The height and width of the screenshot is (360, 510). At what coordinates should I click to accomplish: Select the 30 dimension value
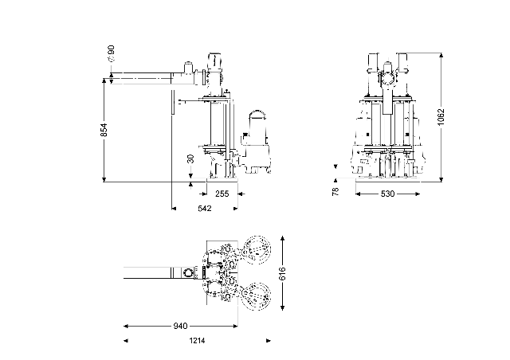click(190, 158)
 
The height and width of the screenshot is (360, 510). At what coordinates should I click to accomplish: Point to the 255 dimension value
click(222, 194)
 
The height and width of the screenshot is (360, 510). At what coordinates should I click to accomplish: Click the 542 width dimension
click(204, 209)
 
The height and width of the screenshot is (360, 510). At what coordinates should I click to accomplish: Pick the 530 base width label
click(387, 194)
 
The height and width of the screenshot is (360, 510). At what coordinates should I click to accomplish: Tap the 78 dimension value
click(335, 191)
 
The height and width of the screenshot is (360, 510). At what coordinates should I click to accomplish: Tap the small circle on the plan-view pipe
click(187, 273)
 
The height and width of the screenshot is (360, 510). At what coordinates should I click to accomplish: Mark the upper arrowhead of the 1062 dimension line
click(441, 55)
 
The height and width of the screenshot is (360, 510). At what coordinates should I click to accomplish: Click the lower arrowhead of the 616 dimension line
click(282, 311)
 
